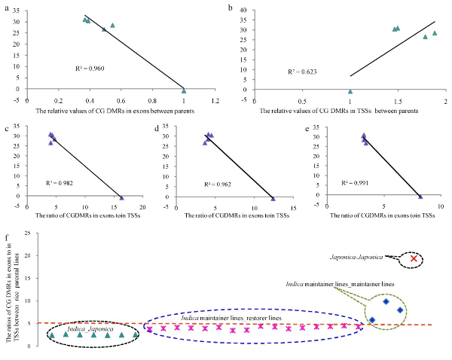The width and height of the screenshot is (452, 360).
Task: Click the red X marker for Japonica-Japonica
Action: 413,259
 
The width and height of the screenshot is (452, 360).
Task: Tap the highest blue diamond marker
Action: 386,301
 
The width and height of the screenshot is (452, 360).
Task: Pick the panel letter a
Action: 7,8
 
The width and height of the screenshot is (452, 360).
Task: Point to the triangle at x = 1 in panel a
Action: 184,90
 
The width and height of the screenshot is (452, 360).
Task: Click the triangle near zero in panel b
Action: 350,91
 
